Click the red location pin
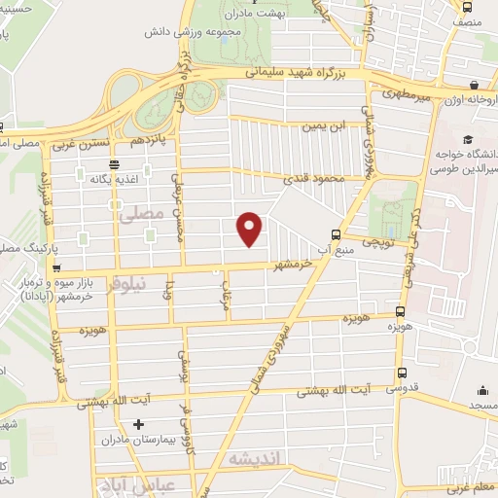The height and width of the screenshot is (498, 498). pyautogui.click(x=251, y=228)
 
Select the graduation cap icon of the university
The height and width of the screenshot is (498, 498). pyautogui.click(x=468, y=141)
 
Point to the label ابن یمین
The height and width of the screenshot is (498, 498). pyautogui.click(x=323, y=125)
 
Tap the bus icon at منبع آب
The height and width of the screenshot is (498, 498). pyautogui.click(x=336, y=233)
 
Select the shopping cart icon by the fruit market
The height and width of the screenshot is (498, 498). pyautogui.click(x=56, y=267)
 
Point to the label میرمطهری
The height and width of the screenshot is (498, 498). pyautogui.click(x=400, y=95)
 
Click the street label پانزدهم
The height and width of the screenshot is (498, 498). pyautogui.click(x=155, y=141)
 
